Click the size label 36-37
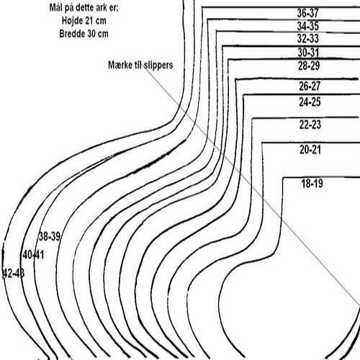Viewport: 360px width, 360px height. click(308, 13)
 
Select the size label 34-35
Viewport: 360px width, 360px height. click(308, 26)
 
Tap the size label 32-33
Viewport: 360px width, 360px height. click(308, 38)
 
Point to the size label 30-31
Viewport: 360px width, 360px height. click(308, 53)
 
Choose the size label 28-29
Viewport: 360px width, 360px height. click(309, 66)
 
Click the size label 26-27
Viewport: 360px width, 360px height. click(310, 86)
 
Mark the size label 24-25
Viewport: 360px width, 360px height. click(310, 102)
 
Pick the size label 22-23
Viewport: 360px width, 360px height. click(310, 125)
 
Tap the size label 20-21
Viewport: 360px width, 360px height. click(310, 150)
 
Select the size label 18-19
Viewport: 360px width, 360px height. click(312, 184)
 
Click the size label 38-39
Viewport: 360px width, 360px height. click(50, 237)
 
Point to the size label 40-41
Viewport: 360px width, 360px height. click(33, 255)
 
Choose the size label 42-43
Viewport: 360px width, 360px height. click(14, 273)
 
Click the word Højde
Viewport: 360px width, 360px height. click(72, 21)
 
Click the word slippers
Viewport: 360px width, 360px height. click(158, 66)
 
